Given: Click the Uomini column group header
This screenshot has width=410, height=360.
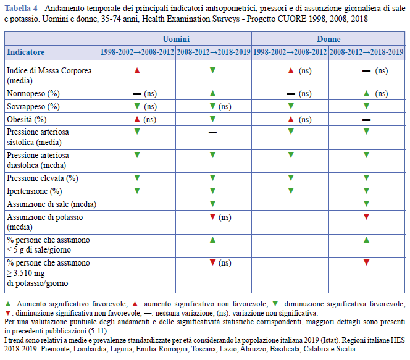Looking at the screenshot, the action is [x=176, y=39].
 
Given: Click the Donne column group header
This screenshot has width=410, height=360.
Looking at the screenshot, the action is [x=328, y=39].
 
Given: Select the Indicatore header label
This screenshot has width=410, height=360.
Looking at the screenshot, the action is [x=26, y=52].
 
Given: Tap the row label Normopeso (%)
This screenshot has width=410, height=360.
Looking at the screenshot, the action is [x=33, y=94].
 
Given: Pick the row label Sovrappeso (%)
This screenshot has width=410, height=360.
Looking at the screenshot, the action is [x=33, y=106].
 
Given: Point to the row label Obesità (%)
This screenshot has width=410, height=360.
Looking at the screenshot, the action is [x=27, y=119].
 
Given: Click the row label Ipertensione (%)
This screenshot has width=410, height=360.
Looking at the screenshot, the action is [x=34, y=191].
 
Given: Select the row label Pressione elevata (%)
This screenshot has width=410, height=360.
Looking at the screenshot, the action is [x=43, y=178].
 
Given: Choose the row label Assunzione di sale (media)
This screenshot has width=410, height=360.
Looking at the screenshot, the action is [x=51, y=204].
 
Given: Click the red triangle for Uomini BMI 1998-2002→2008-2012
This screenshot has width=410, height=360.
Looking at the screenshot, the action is [x=137, y=70].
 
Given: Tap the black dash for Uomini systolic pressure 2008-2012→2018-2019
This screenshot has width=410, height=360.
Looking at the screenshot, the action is [x=212, y=133].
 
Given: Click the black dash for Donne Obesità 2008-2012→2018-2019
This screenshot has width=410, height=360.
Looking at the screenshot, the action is [x=366, y=120].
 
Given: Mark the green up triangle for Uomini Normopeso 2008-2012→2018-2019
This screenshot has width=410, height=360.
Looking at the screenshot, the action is [x=212, y=93].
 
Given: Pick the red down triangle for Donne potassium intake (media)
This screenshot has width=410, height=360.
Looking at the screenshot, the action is [x=366, y=217].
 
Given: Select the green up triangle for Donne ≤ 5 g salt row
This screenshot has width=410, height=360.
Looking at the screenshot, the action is [x=366, y=240].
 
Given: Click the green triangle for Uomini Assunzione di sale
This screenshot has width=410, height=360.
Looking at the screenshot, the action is [x=212, y=203].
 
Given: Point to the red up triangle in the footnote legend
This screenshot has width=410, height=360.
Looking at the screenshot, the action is [x=135, y=304].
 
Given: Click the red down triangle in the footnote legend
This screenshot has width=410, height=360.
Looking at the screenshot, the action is [x=8, y=312].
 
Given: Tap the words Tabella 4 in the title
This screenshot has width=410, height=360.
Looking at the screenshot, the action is [x=21, y=9].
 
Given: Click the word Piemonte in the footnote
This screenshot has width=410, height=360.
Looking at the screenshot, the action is [x=56, y=349].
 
